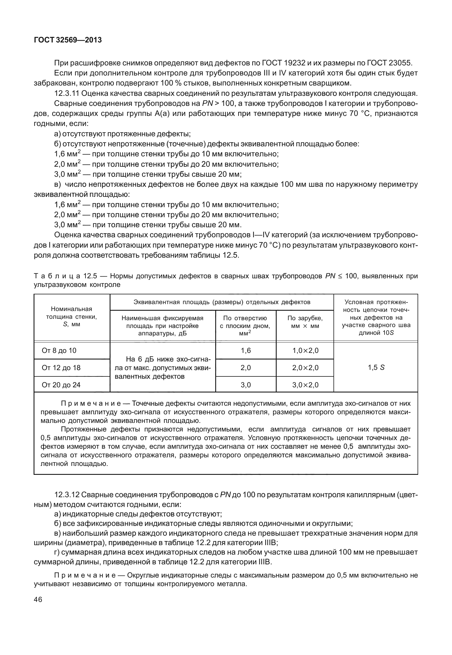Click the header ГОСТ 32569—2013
click(x=68, y=40)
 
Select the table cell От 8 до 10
click(x=59, y=351)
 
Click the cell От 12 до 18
click(x=61, y=368)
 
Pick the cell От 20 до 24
click(x=61, y=385)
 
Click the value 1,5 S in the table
click(x=376, y=368)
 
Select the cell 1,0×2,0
click(x=305, y=351)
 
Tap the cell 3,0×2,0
click(x=305, y=385)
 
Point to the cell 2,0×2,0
click(x=305, y=368)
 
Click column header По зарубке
click(x=305, y=322)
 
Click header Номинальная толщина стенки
click(x=71, y=316)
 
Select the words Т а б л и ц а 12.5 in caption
click(x=66, y=276)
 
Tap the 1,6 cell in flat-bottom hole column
click(x=246, y=351)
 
